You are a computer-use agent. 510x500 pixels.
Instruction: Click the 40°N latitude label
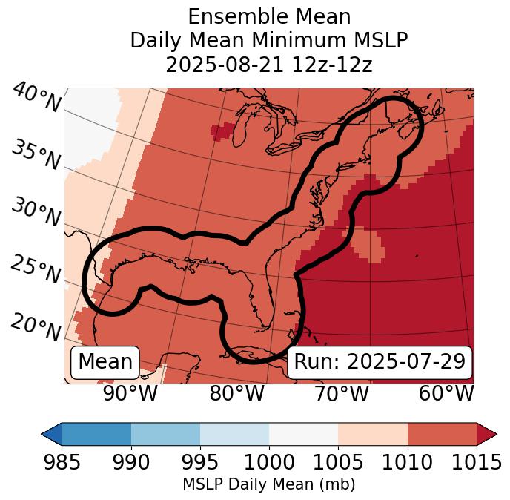pos(36,99)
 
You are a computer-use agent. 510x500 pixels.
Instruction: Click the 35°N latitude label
pos(35,155)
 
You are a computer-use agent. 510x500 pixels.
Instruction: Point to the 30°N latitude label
pos(35,213)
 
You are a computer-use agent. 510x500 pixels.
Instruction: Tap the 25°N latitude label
pos(35,270)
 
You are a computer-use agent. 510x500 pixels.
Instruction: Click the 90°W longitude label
pos(130,393)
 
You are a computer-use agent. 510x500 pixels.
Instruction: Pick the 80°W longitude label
pos(236,393)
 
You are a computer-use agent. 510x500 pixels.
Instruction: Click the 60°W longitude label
pos(446,393)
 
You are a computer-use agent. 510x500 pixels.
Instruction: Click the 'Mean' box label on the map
pos(105,362)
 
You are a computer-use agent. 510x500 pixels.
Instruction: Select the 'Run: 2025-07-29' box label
pos(380,362)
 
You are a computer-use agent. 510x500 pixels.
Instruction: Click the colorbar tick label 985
pos(62,463)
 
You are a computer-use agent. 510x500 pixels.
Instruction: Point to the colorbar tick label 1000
pos(269,463)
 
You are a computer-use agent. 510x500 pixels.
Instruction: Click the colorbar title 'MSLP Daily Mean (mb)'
pos(268,484)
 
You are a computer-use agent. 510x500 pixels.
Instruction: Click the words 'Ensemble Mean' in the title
pos(268,16)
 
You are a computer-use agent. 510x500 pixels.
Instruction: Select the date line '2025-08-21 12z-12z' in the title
pos(268,65)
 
